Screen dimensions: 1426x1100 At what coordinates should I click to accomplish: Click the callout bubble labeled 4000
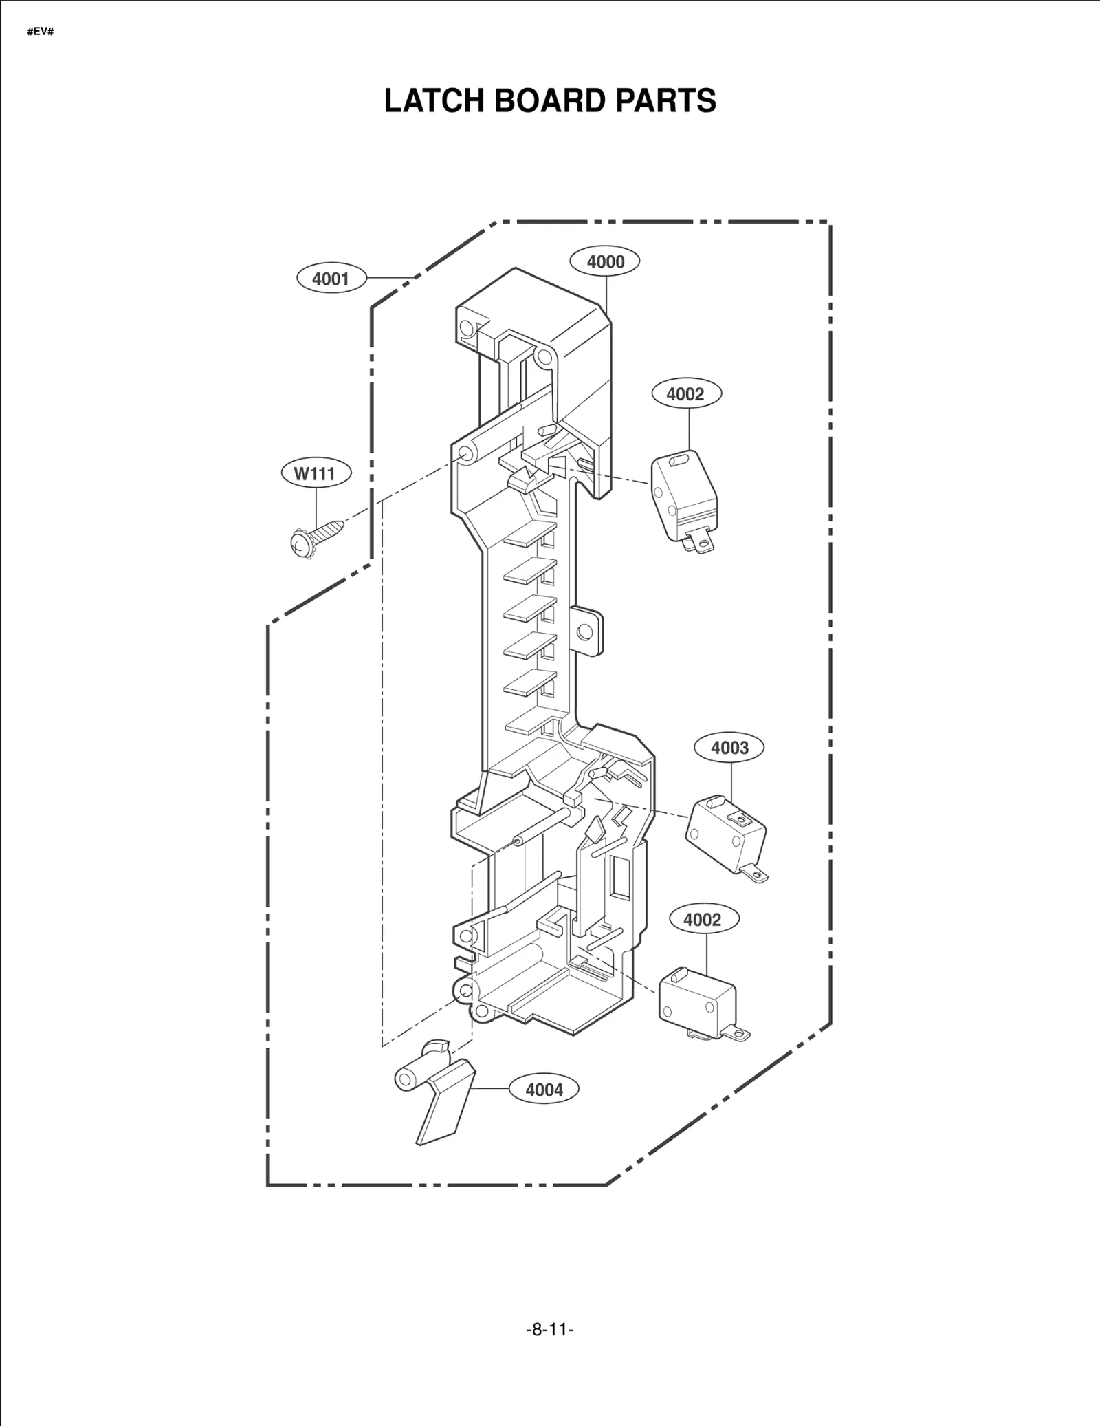pos(605,261)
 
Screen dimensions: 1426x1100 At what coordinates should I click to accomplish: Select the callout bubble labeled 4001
pos(331,279)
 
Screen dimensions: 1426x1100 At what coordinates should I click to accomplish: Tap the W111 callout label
pos(317,473)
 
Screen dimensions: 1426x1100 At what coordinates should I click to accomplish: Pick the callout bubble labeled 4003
pos(729,747)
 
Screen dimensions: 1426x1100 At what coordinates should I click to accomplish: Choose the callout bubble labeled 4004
pos(544,1090)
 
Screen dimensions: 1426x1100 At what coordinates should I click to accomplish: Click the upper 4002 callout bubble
pos(685,393)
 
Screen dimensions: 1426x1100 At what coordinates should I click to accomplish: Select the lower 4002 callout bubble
pos(702,920)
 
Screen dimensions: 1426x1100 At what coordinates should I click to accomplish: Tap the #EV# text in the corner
pos(41,32)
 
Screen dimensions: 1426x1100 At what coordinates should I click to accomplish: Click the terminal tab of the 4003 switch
pos(756,875)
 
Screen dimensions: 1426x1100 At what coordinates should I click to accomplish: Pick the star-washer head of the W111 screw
pos(300,543)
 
